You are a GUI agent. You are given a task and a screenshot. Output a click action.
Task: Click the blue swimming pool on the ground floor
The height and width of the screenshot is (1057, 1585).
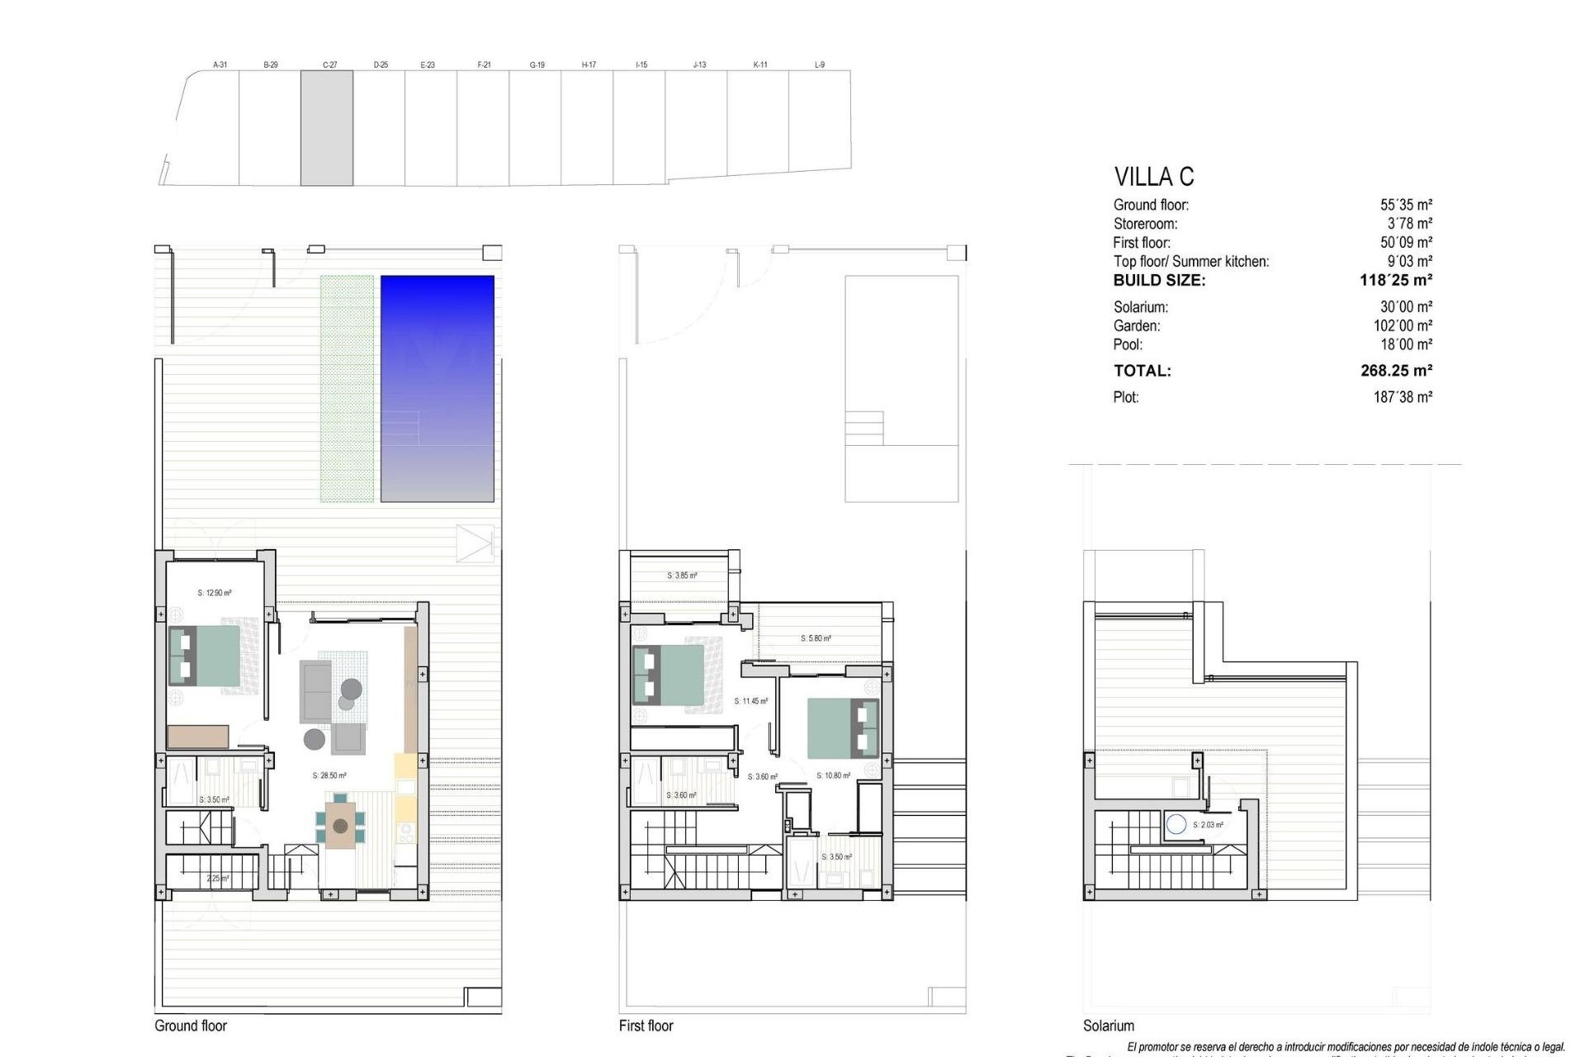[x=437, y=388]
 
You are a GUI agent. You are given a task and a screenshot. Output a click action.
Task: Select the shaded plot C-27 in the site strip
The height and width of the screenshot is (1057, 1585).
[x=327, y=127]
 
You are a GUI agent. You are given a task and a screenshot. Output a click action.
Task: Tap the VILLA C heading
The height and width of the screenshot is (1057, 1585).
[x=1153, y=177]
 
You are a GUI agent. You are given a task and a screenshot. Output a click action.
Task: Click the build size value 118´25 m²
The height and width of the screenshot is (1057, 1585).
[x=1395, y=280]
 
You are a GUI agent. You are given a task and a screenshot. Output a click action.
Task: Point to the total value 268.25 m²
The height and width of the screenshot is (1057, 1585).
[x=1396, y=371]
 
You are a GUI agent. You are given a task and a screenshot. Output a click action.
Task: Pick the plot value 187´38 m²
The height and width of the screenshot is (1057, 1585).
[x=1403, y=397]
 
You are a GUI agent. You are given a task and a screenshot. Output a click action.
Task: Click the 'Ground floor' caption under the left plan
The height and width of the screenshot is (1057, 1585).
[x=191, y=1026]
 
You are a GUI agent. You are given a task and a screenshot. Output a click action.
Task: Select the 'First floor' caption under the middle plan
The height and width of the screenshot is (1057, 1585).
[x=646, y=1026]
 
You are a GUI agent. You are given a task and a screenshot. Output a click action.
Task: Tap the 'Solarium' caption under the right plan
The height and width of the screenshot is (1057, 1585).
[x=1109, y=1026]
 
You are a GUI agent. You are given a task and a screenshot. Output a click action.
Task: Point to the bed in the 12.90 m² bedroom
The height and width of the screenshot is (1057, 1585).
[x=205, y=656]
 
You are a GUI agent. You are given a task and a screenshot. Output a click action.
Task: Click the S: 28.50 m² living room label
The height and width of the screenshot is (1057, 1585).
[x=329, y=776]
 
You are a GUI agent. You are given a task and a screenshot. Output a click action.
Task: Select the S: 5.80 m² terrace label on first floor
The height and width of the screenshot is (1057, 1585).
[x=816, y=638]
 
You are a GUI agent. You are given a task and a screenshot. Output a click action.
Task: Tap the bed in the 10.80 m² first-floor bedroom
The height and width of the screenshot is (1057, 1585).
[x=843, y=728]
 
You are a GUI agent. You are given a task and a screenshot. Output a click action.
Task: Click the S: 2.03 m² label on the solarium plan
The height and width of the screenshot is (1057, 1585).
[x=1208, y=825]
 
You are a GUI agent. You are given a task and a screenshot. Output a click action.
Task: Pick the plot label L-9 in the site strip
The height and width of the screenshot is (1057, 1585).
[x=819, y=64]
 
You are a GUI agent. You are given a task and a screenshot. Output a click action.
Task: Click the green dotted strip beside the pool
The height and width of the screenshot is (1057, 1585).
[x=347, y=388]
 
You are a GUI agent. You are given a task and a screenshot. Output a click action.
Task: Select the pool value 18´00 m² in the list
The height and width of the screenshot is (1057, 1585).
[x=1406, y=344]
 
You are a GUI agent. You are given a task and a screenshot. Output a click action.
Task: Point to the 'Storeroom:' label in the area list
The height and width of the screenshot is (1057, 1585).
[x=1145, y=224]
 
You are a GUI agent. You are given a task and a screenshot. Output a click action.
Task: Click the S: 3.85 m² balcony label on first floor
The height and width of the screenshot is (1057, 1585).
[x=682, y=576]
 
